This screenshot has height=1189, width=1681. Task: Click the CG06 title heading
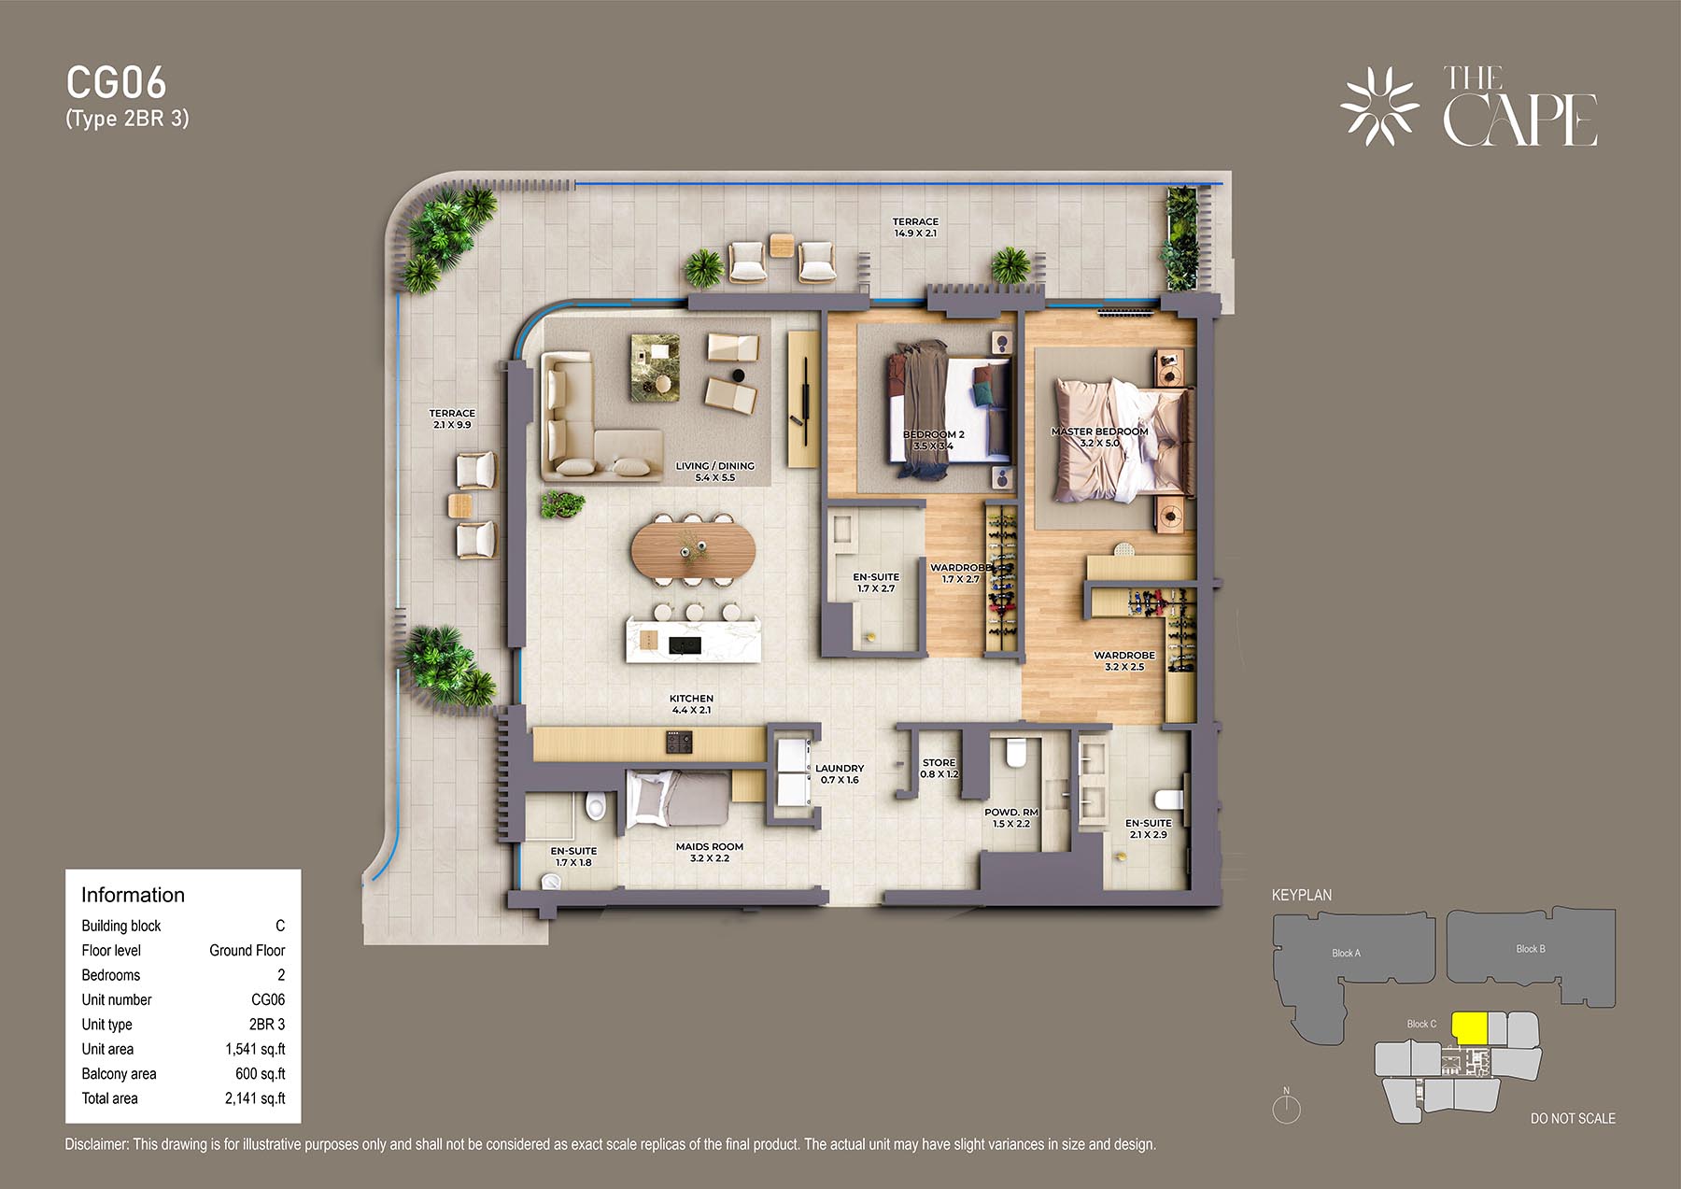click(x=116, y=83)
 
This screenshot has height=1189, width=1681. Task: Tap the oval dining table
click(x=692, y=549)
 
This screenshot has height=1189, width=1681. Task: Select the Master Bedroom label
click(x=1099, y=437)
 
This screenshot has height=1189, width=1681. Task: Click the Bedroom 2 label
click(x=933, y=440)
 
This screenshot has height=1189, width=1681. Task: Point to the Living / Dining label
click(x=714, y=472)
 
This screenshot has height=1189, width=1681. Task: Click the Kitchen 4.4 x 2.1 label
click(x=691, y=704)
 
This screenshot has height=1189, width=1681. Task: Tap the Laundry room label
click(x=839, y=774)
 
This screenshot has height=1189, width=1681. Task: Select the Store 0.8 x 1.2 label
click(x=939, y=769)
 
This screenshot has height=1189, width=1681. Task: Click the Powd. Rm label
click(x=1010, y=818)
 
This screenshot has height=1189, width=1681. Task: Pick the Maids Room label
click(x=709, y=853)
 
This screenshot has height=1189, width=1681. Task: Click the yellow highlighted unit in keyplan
click(x=1469, y=1028)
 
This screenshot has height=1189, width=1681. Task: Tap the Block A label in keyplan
click(x=1346, y=954)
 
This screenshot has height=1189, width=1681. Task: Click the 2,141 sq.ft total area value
click(x=255, y=1098)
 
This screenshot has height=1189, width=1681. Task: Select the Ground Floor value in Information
click(x=247, y=950)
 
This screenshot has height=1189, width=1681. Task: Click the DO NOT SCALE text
click(x=1573, y=1118)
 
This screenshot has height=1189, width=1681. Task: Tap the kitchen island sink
click(x=685, y=644)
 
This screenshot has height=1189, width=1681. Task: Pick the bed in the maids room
click(x=675, y=800)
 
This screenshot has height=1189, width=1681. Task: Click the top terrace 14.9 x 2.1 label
click(x=915, y=228)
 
